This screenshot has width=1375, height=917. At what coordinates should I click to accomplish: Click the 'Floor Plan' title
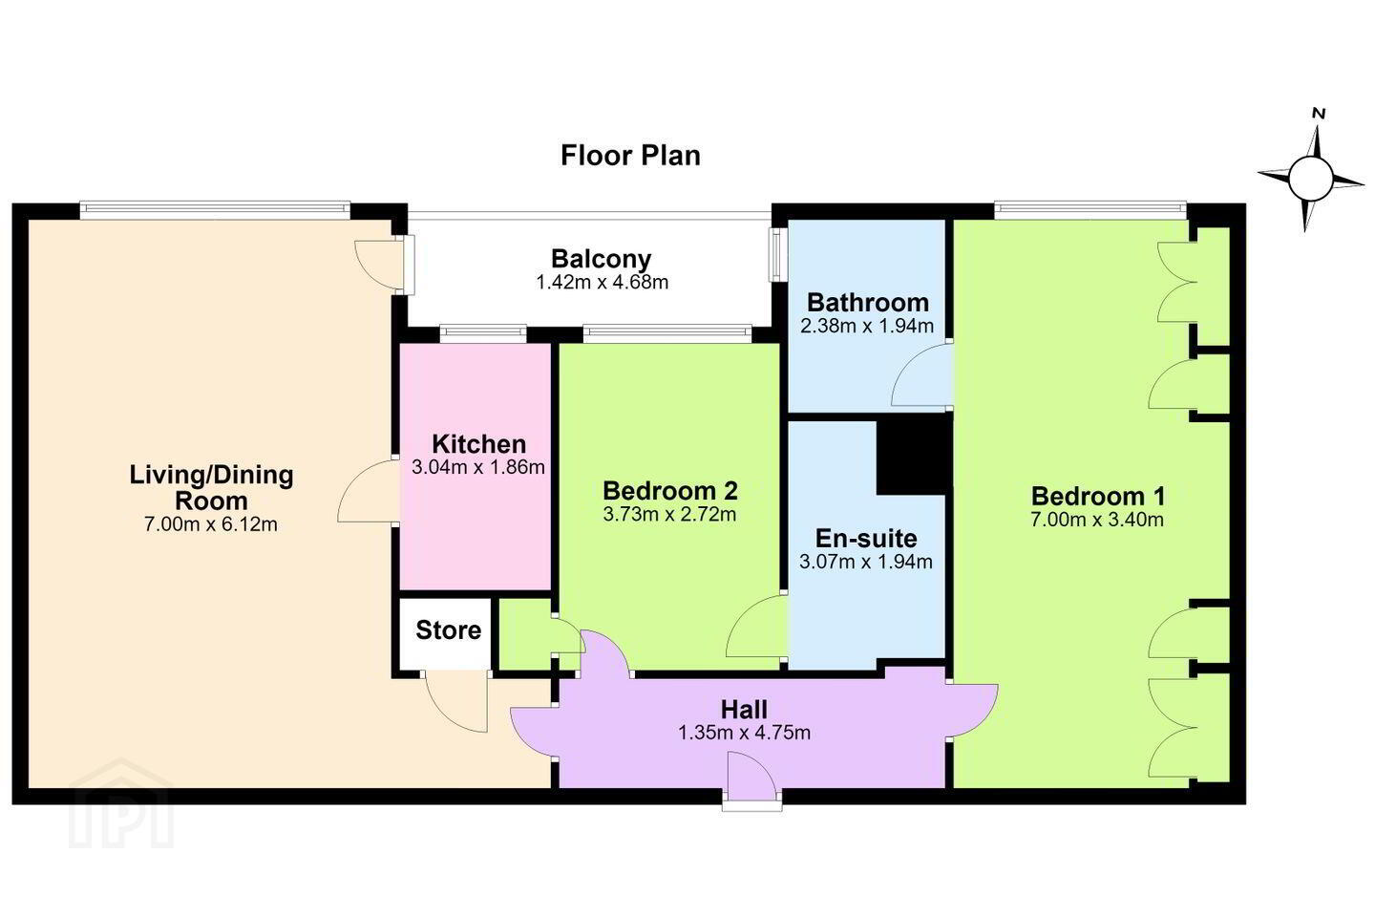(630, 156)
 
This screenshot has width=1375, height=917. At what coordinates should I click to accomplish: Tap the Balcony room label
(601, 259)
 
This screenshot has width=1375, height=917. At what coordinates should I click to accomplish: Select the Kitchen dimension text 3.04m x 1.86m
(478, 467)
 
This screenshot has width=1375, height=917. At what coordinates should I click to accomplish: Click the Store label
(448, 630)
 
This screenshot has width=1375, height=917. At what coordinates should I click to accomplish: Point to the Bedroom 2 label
(669, 491)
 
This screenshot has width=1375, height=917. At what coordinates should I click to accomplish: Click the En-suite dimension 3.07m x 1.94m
(866, 562)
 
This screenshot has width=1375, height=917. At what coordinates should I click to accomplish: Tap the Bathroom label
(867, 302)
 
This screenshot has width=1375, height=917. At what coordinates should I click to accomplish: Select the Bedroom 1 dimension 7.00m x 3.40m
(1097, 520)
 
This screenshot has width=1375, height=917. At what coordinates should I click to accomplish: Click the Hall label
(744, 710)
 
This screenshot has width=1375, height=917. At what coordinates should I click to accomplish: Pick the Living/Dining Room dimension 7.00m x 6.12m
(210, 524)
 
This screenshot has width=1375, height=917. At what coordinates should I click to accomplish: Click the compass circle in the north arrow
(1310, 179)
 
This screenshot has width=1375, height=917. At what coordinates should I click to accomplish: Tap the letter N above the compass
(1319, 113)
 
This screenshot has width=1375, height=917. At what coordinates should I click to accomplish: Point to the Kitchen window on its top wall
(483, 333)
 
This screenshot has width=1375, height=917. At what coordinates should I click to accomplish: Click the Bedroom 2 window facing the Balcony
(667, 333)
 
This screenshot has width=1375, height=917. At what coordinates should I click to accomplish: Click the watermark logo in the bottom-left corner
(121, 804)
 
